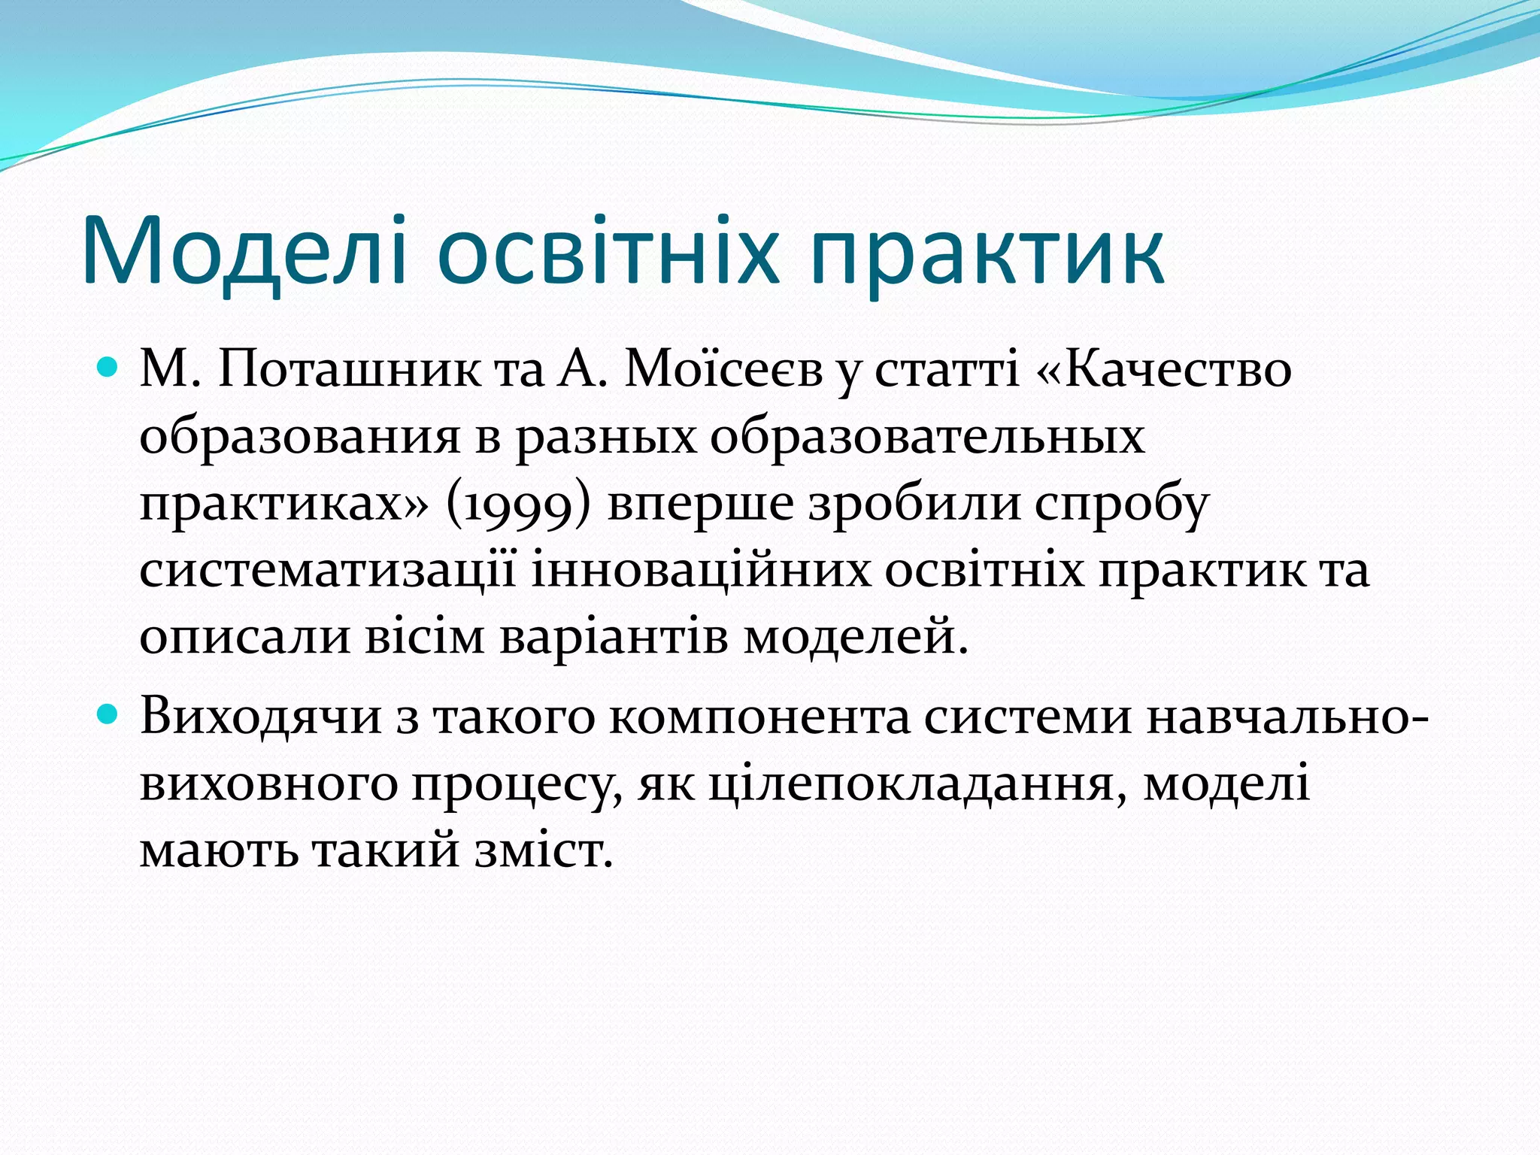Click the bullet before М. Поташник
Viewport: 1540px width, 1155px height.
109,369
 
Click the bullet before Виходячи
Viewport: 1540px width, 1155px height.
109,715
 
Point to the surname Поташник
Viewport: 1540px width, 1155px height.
349,369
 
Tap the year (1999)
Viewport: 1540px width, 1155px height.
519,505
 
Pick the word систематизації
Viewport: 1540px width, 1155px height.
328,571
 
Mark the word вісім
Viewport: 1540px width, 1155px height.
425,637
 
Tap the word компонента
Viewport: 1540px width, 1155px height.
759,717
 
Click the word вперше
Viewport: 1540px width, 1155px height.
700,505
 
